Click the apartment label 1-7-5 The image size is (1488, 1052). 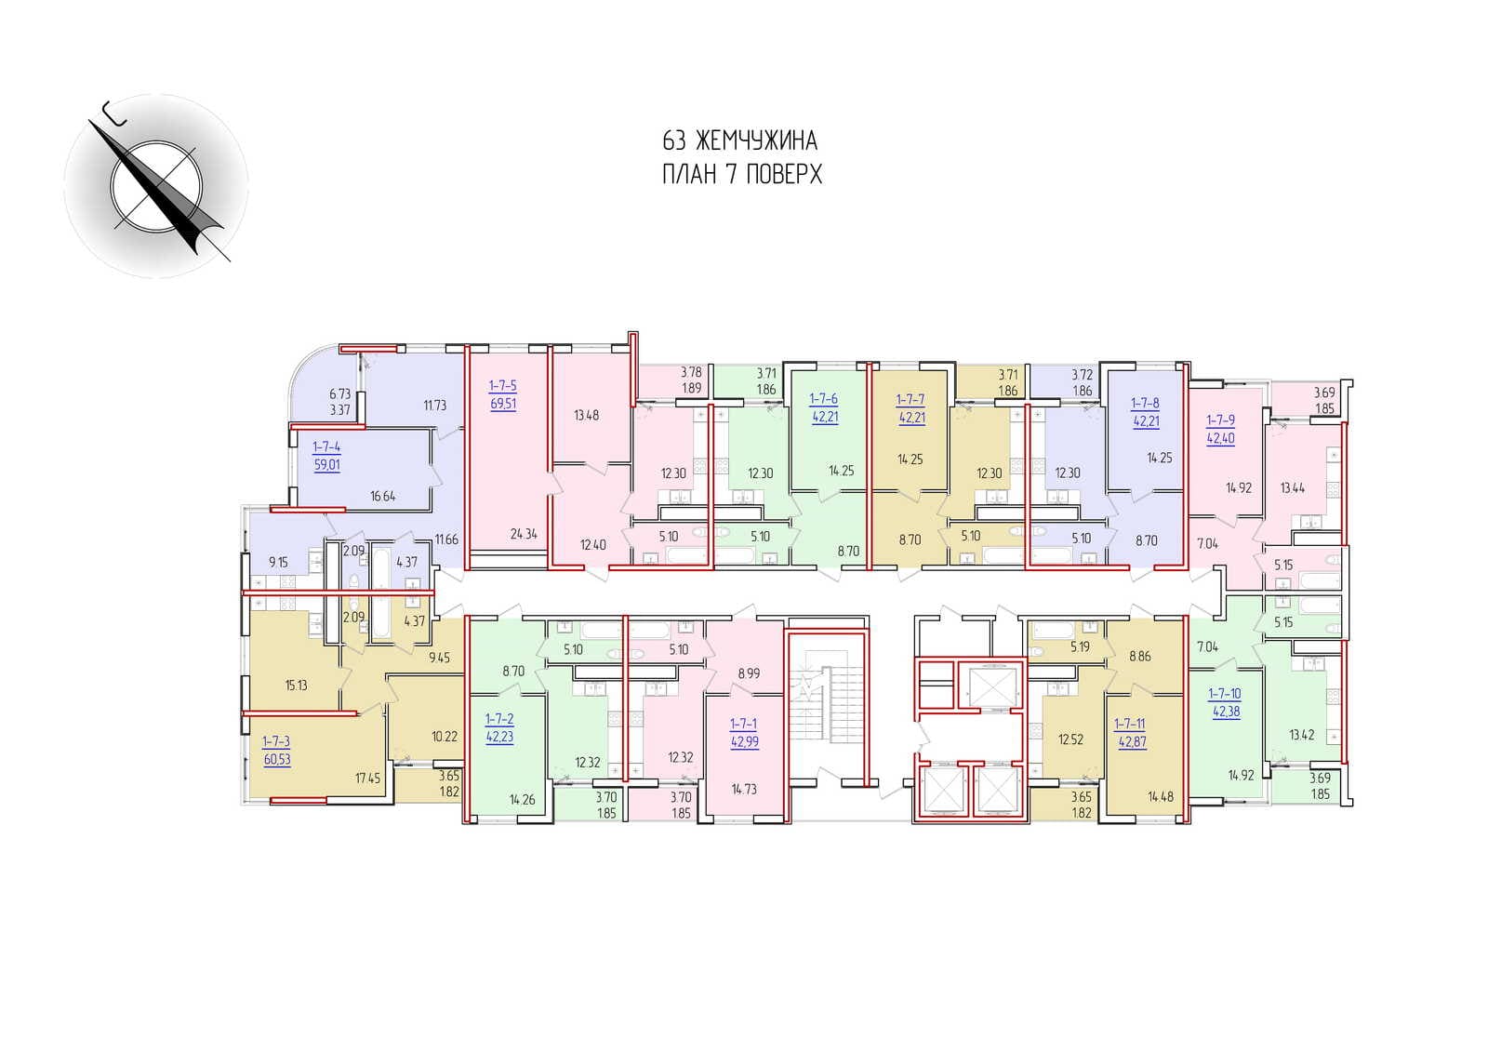(503, 385)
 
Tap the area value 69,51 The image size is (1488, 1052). (503, 404)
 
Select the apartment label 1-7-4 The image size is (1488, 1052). (326, 447)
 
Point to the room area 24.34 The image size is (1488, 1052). (524, 533)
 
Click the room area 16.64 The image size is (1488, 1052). (383, 496)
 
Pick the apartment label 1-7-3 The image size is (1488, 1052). (276, 741)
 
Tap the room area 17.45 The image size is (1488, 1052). (367, 778)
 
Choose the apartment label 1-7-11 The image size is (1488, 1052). (1129, 724)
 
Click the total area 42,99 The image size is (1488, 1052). (744, 741)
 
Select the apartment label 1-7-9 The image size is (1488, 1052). (1221, 420)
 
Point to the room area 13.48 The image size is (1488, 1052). (587, 416)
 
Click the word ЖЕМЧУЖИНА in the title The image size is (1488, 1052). (757, 140)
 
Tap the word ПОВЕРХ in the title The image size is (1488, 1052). (785, 174)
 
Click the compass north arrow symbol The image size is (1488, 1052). (157, 186)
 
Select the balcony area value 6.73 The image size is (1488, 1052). (339, 394)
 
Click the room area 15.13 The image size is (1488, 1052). (297, 686)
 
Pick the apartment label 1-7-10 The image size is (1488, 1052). (1225, 694)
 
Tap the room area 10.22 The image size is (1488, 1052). (445, 737)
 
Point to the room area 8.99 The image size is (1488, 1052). (750, 673)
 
